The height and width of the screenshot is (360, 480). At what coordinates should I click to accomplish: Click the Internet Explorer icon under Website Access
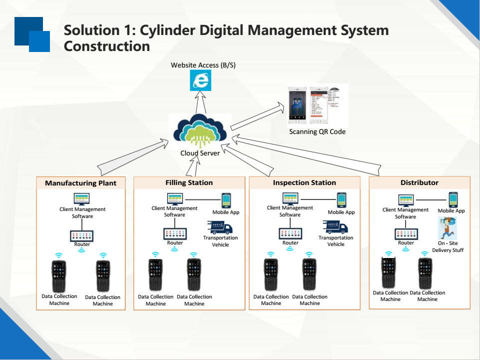click(201, 80)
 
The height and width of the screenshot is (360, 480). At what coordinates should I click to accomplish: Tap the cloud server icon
click(200, 131)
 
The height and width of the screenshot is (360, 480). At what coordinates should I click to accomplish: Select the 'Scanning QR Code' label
click(317, 132)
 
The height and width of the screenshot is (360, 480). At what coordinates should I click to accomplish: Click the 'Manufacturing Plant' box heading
click(80, 183)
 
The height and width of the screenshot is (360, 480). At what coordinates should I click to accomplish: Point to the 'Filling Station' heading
click(189, 182)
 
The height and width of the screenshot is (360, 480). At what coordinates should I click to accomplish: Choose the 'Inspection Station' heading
click(304, 182)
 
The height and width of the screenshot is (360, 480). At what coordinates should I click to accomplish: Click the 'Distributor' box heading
click(419, 182)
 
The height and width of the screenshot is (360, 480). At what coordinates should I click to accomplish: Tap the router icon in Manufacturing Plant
click(82, 235)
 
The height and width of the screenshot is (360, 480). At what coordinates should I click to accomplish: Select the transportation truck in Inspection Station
click(336, 228)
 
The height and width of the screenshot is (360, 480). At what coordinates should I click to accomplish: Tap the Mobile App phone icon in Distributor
click(453, 199)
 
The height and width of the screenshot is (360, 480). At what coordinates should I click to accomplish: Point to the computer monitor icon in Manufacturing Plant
click(81, 198)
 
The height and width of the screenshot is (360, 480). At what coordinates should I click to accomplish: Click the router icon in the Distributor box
click(406, 234)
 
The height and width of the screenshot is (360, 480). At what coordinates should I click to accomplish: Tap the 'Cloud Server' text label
click(200, 153)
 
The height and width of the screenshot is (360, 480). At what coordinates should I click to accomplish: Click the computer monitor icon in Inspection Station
click(290, 198)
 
